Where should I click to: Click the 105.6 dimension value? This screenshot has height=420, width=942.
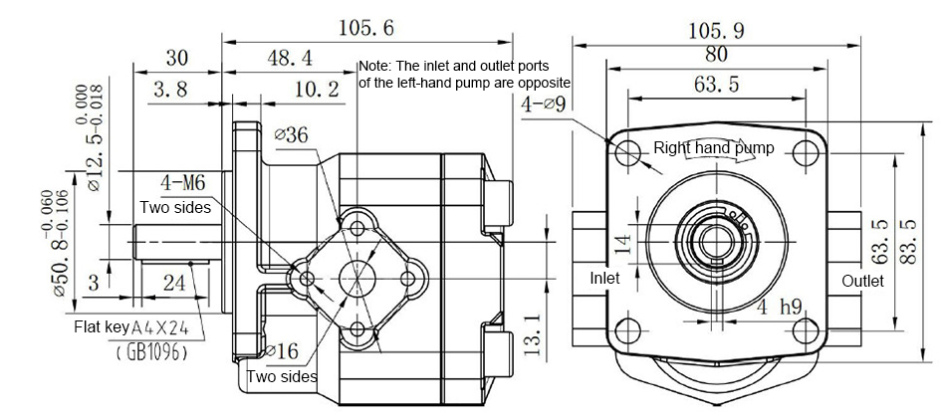coord(366,27)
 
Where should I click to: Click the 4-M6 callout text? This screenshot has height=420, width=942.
coord(184,183)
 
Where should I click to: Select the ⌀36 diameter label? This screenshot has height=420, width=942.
coord(290,136)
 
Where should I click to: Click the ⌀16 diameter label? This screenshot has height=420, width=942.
coord(285,350)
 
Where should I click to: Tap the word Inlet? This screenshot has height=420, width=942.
coord(604,279)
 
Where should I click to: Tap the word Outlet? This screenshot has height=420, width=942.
coord(862,282)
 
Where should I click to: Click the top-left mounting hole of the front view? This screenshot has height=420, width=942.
coord(628,153)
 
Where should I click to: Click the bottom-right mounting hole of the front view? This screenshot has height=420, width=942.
coord(805,327)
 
